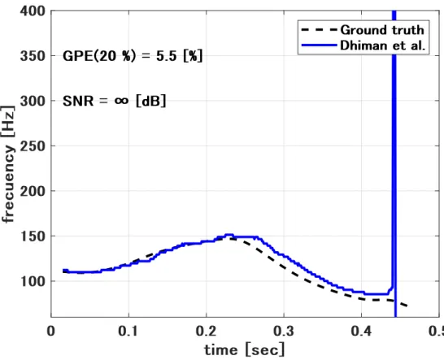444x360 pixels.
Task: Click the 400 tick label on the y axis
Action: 33,11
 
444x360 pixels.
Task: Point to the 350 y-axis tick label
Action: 33,56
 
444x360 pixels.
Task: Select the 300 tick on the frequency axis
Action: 33,101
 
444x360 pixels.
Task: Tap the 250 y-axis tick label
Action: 33,146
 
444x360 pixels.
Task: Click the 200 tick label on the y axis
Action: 33,191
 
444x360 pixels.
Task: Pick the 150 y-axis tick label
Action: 33,236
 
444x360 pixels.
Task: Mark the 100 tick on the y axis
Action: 33,281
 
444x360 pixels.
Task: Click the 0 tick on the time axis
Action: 51,331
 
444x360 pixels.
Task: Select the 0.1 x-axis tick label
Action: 128,331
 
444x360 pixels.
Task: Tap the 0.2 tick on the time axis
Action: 207,331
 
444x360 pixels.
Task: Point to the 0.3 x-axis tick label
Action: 284,331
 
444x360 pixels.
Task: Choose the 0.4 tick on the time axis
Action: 361,331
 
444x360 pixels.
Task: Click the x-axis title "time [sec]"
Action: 245,349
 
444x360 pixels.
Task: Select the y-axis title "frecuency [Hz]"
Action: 8,164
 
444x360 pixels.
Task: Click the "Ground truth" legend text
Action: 382,30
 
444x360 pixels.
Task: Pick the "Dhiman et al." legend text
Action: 383,46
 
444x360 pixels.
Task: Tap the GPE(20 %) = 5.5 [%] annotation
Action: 133,56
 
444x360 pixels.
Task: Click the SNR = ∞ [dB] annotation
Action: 114,101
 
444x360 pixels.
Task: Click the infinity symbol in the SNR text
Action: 121,101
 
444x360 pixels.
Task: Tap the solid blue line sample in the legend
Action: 319,46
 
